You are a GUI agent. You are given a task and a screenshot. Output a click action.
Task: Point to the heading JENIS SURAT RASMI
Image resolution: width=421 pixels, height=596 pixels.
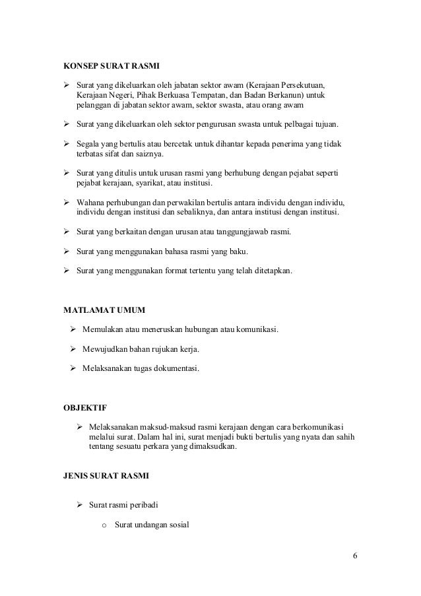pyautogui.click(x=106, y=475)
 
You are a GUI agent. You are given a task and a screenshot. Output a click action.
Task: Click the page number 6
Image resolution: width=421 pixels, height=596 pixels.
pyautogui.click(x=356, y=554)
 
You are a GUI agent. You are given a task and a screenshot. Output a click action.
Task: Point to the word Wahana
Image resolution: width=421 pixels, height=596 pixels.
pyautogui.click(x=91, y=202)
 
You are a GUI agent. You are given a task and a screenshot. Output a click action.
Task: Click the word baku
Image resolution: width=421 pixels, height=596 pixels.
pyautogui.click(x=236, y=251)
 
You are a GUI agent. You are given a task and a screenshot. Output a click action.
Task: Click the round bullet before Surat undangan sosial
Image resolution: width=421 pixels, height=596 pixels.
pyautogui.click(x=104, y=525)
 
